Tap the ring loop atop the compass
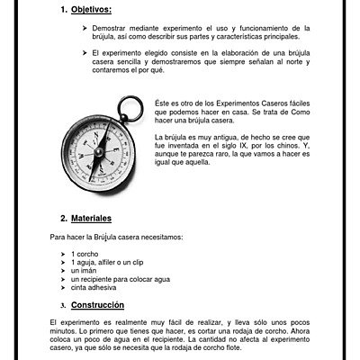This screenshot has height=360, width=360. (x=130, y=108)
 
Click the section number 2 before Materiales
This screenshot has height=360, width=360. (x=63, y=219)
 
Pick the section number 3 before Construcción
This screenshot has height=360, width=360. (x=63, y=304)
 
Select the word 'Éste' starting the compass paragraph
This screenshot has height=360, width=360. (x=163, y=103)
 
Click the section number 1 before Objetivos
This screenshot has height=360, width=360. (x=63, y=10)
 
